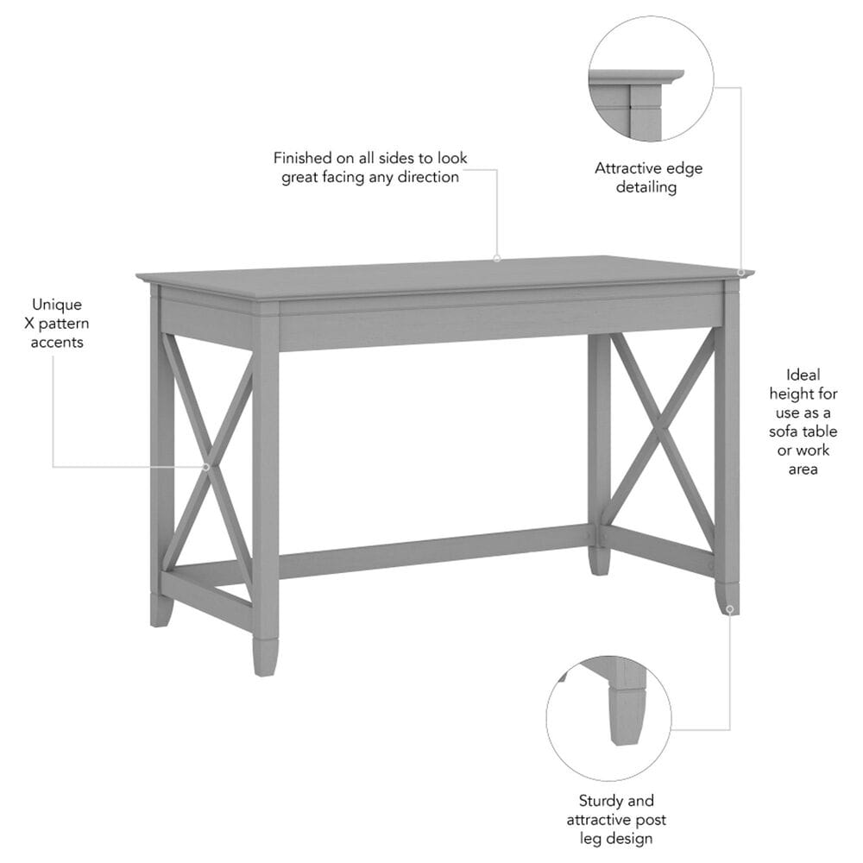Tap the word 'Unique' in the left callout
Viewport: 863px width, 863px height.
click(x=57, y=304)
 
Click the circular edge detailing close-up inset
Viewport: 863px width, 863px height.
click(x=651, y=78)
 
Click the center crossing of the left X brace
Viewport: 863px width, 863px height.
click(x=207, y=467)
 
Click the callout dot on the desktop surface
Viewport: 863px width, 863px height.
click(x=497, y=258)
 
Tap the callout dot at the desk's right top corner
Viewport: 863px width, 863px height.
click(x=741, y=274)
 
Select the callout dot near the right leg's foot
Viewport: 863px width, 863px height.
click(x=729, y=609)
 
